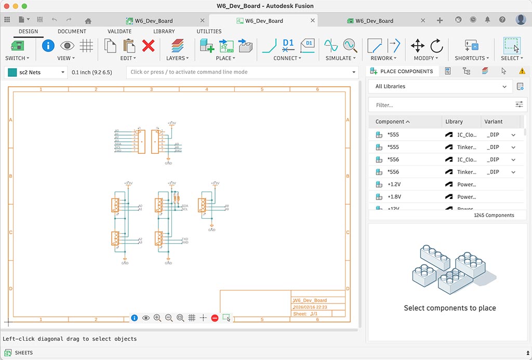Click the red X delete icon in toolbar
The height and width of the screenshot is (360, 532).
click(148, 46)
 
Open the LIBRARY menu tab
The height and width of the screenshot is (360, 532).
click(164, 31)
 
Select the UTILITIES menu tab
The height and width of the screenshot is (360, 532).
click(209, 31)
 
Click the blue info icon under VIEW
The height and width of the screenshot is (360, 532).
click(48, 46)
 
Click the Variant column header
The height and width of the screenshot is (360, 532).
click(494, 122)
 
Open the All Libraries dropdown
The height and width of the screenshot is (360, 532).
click(441, 87)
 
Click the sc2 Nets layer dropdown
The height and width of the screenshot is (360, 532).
click(36, 72)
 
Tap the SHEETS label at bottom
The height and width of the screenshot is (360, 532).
click(23, 353)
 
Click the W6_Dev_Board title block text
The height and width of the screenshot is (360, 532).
click(310, 300)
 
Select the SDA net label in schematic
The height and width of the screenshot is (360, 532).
click(184, 206)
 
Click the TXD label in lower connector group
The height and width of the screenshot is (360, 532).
click(184, 239)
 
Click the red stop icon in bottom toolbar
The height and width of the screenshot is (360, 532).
click(215, 317)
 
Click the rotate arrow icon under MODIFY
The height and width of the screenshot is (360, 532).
click(436, 46)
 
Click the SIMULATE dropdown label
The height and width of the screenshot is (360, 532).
click(340, 58)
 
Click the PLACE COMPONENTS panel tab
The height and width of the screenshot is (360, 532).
click(402, 71)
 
